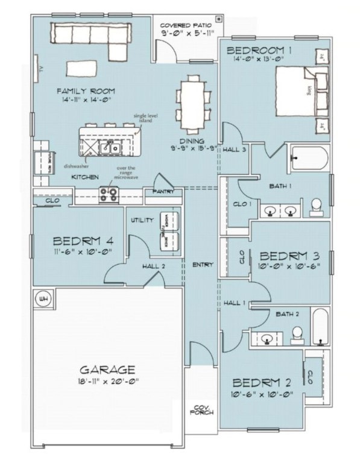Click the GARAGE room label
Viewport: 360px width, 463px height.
pyautogui.click(x=108, y=369)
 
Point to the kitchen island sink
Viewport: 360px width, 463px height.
pyautogui.click(x=112, y=146)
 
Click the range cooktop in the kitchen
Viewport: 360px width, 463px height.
pyautogui.click(x=109, y=195)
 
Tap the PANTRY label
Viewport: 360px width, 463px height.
pyautogui.click(x=163, y=192)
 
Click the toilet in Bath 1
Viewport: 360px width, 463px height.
pyautogui.click(x=316, y=207)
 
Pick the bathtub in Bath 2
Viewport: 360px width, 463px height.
pyautogui.click(x=320, y=327)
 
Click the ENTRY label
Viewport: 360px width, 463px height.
pyautogui.click(x=199, y=265)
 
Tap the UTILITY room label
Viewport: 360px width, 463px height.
pyautogui.click(x=142, y=220)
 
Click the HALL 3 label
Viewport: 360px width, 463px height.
pyautogui.click(x=234, y=150)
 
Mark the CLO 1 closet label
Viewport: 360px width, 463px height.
pyautogui.click(x=241, y=204)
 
